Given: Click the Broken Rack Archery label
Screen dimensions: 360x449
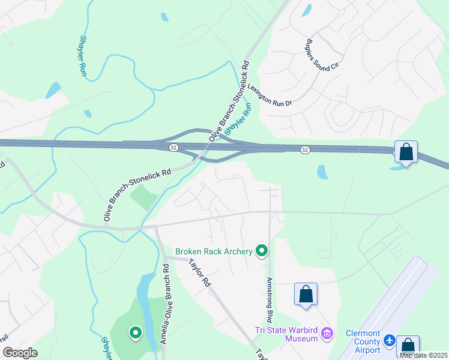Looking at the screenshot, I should (x=214, y=251).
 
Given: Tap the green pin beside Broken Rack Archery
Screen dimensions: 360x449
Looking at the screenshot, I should (x=262, y=251).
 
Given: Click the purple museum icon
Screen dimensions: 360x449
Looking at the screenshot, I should (x=327, y=333).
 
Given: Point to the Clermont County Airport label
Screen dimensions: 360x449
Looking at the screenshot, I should (x=363, y=341).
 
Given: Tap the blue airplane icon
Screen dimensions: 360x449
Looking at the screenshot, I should (x=390, y=341).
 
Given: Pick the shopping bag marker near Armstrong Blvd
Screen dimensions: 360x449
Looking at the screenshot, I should (x=306, y=294).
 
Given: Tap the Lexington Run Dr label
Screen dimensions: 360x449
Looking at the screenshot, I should (x=270, y=95).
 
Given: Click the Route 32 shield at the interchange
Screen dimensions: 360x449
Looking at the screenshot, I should (x=173, y=148).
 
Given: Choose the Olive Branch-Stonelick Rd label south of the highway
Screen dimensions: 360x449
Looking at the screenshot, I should (x=137, y=194).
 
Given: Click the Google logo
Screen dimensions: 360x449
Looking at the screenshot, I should (x=19, y=353).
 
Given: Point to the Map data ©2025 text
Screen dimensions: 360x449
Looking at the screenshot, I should (x=423, y=355).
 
